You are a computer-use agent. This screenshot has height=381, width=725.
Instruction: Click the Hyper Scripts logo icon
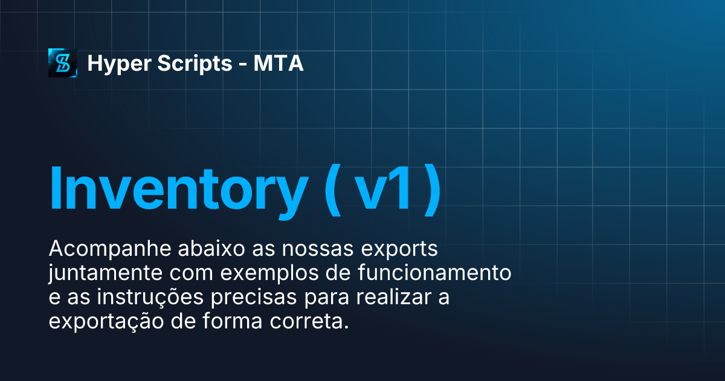[63, 63]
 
